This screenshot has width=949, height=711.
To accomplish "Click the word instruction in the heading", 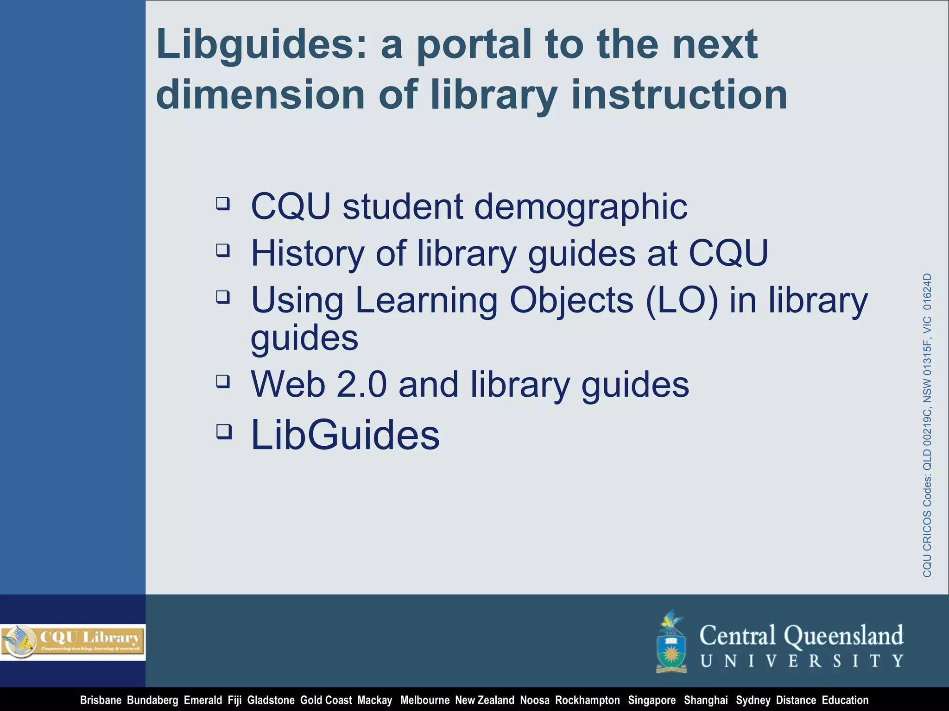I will pos(679,94).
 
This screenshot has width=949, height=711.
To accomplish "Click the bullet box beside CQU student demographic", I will pos(223,203).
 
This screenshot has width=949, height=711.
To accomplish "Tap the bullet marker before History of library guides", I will pos(223,250).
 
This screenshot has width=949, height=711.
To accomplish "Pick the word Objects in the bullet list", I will pos(571,300).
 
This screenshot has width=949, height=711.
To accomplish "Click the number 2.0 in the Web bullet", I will pos(361,385).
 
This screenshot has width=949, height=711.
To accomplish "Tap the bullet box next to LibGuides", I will pos(224,431).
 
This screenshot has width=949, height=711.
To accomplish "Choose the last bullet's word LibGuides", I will pos(345,435).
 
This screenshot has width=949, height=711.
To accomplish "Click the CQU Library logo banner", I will pos(73,642).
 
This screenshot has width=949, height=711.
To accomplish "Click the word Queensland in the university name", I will pos(843,635).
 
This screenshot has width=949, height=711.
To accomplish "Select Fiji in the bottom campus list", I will pos(234,700).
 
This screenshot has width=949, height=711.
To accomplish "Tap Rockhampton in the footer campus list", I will pos(587,700).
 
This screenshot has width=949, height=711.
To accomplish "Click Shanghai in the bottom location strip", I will pos(706,700).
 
